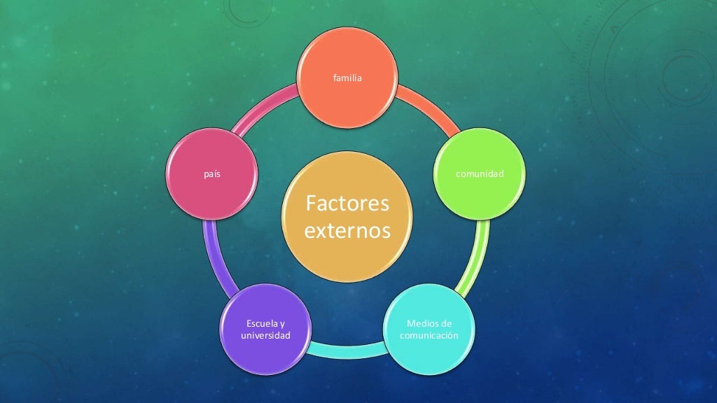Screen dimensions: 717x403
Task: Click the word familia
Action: tap(348, 78)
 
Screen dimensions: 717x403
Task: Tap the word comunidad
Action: tap(480, 173)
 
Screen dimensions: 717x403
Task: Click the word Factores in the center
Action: tap(347, 205)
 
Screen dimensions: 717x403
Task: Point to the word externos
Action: tap(347, 231)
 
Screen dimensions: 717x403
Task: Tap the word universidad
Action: tap(265, 336)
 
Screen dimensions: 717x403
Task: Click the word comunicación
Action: tap(429, 336)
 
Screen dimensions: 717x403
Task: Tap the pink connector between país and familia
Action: tap(266, 112)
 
